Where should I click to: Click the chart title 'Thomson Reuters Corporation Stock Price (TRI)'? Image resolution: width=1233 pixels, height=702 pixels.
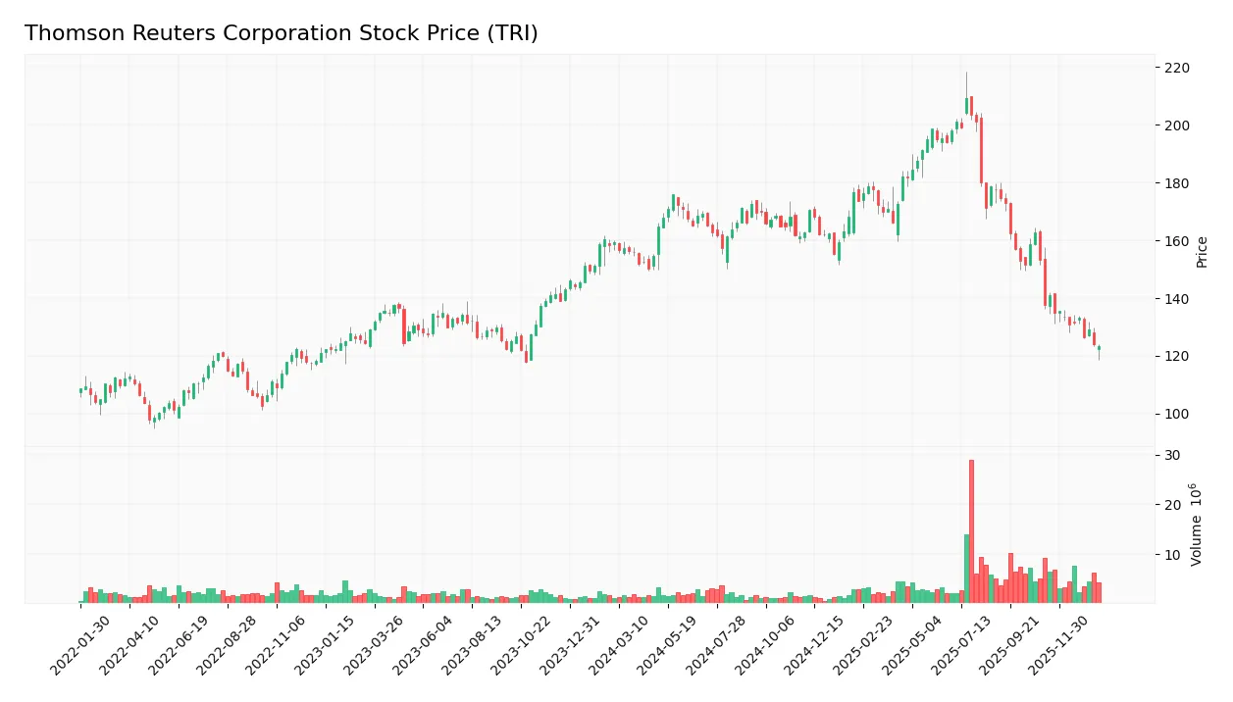point(281,33)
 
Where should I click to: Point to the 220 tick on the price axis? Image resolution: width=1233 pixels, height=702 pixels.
point(1176,68)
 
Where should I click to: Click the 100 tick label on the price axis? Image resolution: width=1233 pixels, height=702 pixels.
point(1176,414)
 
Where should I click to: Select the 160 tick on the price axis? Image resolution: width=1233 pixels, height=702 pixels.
point(1176,241)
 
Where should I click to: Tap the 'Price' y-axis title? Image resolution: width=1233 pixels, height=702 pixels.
point(1203,252)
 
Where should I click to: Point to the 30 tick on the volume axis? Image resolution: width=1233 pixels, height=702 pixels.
point(1172,456)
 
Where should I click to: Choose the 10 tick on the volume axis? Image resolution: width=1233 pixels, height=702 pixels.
point(1172,555)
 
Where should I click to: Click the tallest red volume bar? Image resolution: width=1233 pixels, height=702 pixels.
point(971,530)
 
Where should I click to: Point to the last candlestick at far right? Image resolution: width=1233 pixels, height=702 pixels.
point(1099,348)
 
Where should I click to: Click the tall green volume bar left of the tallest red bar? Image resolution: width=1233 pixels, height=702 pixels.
point(966,569)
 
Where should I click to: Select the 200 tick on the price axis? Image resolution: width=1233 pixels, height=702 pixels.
point(1176,125)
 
